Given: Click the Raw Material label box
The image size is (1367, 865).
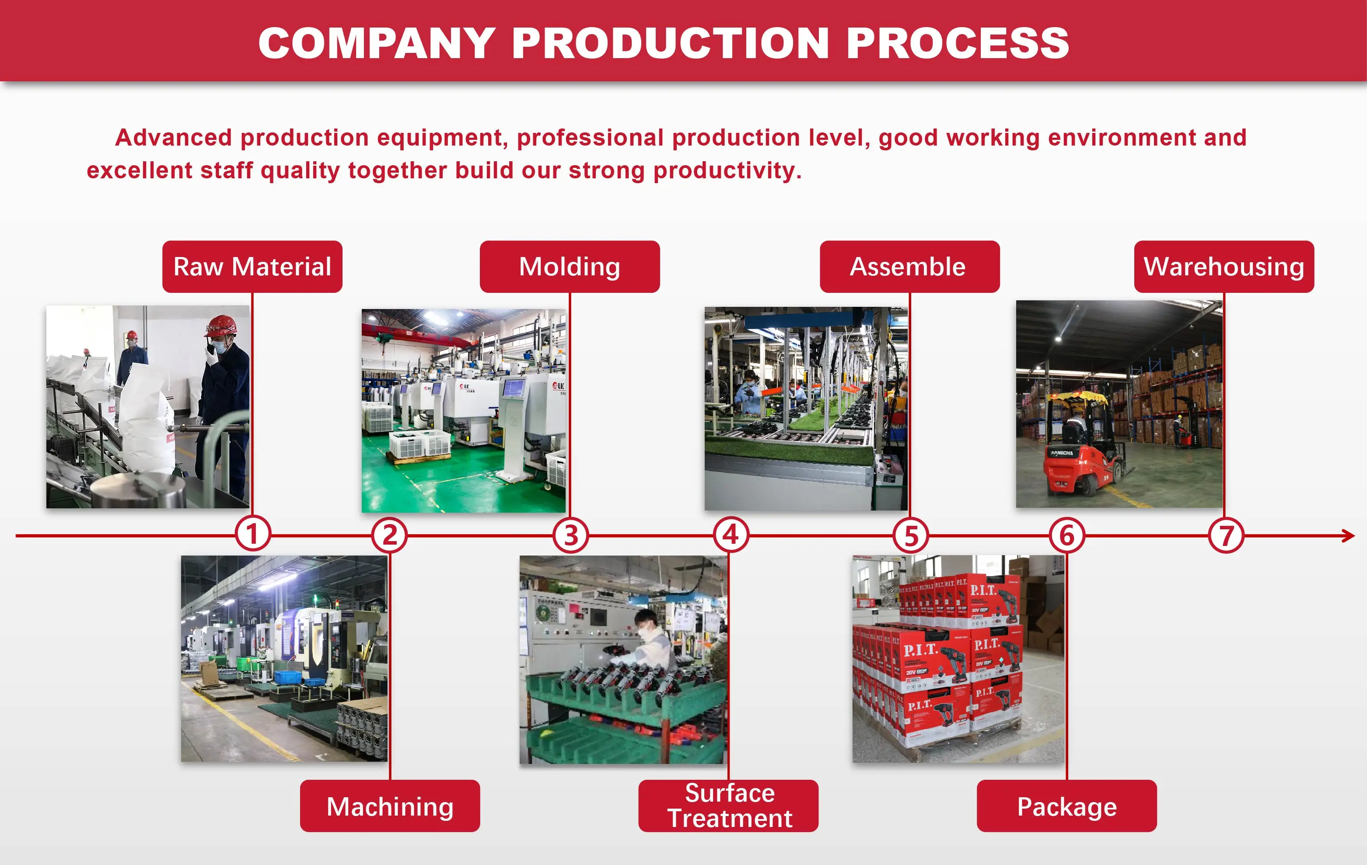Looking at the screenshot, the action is [252, 267].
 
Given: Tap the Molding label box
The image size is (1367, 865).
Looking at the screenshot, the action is [570, 267].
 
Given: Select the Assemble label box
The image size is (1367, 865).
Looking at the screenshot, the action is [909, 267].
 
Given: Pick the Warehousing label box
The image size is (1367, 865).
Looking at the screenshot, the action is [1224, 267].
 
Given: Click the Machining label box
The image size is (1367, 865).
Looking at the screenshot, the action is [390, 806].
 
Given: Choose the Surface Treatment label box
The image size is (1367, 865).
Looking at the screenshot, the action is [728, 806].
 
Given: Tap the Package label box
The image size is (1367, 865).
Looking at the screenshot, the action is [1066, 806].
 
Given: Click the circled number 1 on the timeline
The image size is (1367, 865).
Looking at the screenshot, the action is [253, 534].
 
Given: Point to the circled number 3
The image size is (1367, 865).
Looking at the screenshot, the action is [570, 535].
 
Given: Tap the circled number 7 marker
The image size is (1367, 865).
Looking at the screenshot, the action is [1226, 535].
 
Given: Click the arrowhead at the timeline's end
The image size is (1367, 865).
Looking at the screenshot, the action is [1348, 535].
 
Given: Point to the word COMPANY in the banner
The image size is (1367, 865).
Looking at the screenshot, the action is [377, 43].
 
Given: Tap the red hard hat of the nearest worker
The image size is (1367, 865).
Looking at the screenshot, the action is [220, 326].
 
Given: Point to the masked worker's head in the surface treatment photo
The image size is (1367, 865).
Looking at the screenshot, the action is [647, 623].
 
